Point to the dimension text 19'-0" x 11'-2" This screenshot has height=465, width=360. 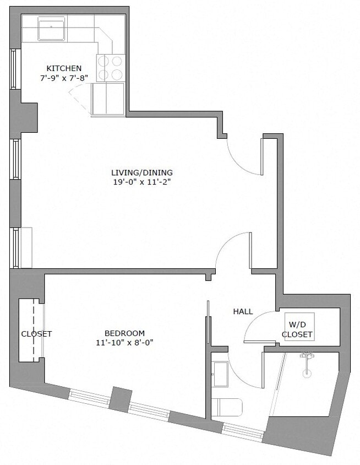tap(141, 181)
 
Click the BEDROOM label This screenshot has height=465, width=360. tap(124, 333)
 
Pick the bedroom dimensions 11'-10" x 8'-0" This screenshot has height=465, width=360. tap(124, 342)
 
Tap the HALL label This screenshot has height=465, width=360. tap(243, 311)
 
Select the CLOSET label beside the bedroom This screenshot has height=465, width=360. tap(36, 334)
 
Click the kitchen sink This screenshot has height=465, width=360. tap(51, 28)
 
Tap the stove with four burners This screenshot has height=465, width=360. tap(110, 68)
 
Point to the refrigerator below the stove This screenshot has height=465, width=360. tap(108, 99)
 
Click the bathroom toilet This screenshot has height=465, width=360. tap(227, 408)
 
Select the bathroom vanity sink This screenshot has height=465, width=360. tap(220, 374)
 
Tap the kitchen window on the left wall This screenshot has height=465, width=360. tap(14, 69)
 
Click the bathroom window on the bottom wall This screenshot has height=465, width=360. tap(242, 431)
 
